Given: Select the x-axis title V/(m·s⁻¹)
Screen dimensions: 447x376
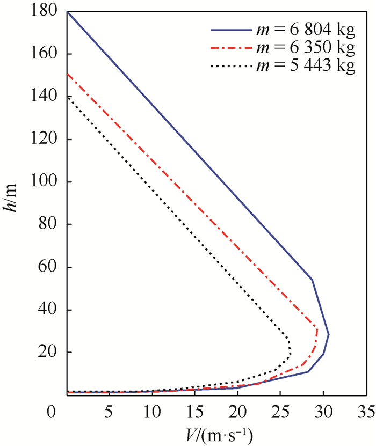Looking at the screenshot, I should [217, 434].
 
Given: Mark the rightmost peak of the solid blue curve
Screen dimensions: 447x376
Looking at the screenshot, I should [328, 334].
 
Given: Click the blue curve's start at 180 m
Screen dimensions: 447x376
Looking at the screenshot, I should [67, 11].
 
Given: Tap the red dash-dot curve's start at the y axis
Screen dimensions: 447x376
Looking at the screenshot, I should [67, 74].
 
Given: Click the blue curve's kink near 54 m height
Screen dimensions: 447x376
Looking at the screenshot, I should [312, 280].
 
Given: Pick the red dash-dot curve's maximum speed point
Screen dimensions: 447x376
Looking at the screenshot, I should [317, 329].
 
